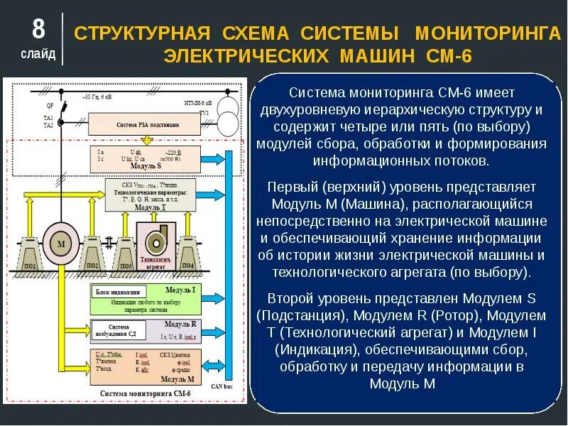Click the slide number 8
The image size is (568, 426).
tap(38, 29)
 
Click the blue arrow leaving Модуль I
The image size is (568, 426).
tap(214, 298)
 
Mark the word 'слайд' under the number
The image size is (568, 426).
tap(38, 54)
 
